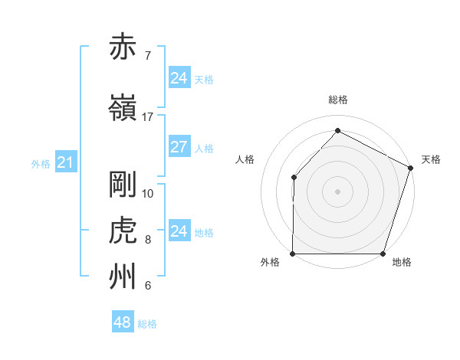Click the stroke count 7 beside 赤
click(x=147, y=56)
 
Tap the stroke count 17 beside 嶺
click(x=148, y=116)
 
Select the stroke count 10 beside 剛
click(x=148, y=193)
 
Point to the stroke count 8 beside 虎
click(x=147, y=240)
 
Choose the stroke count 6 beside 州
click(x=147, y=286)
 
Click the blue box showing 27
click(x=179, y=147)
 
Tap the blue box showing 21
click(x=65, y=162)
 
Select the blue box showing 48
click(x=122, y=322)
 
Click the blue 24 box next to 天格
click(x=179, y=78)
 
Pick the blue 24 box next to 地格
click(x=179, y=231)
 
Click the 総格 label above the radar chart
click(x=338, y=100)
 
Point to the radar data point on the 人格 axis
click(x=294, y=178)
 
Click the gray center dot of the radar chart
click(x=337, y=191)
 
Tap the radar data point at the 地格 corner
click(x=383, y=254)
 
